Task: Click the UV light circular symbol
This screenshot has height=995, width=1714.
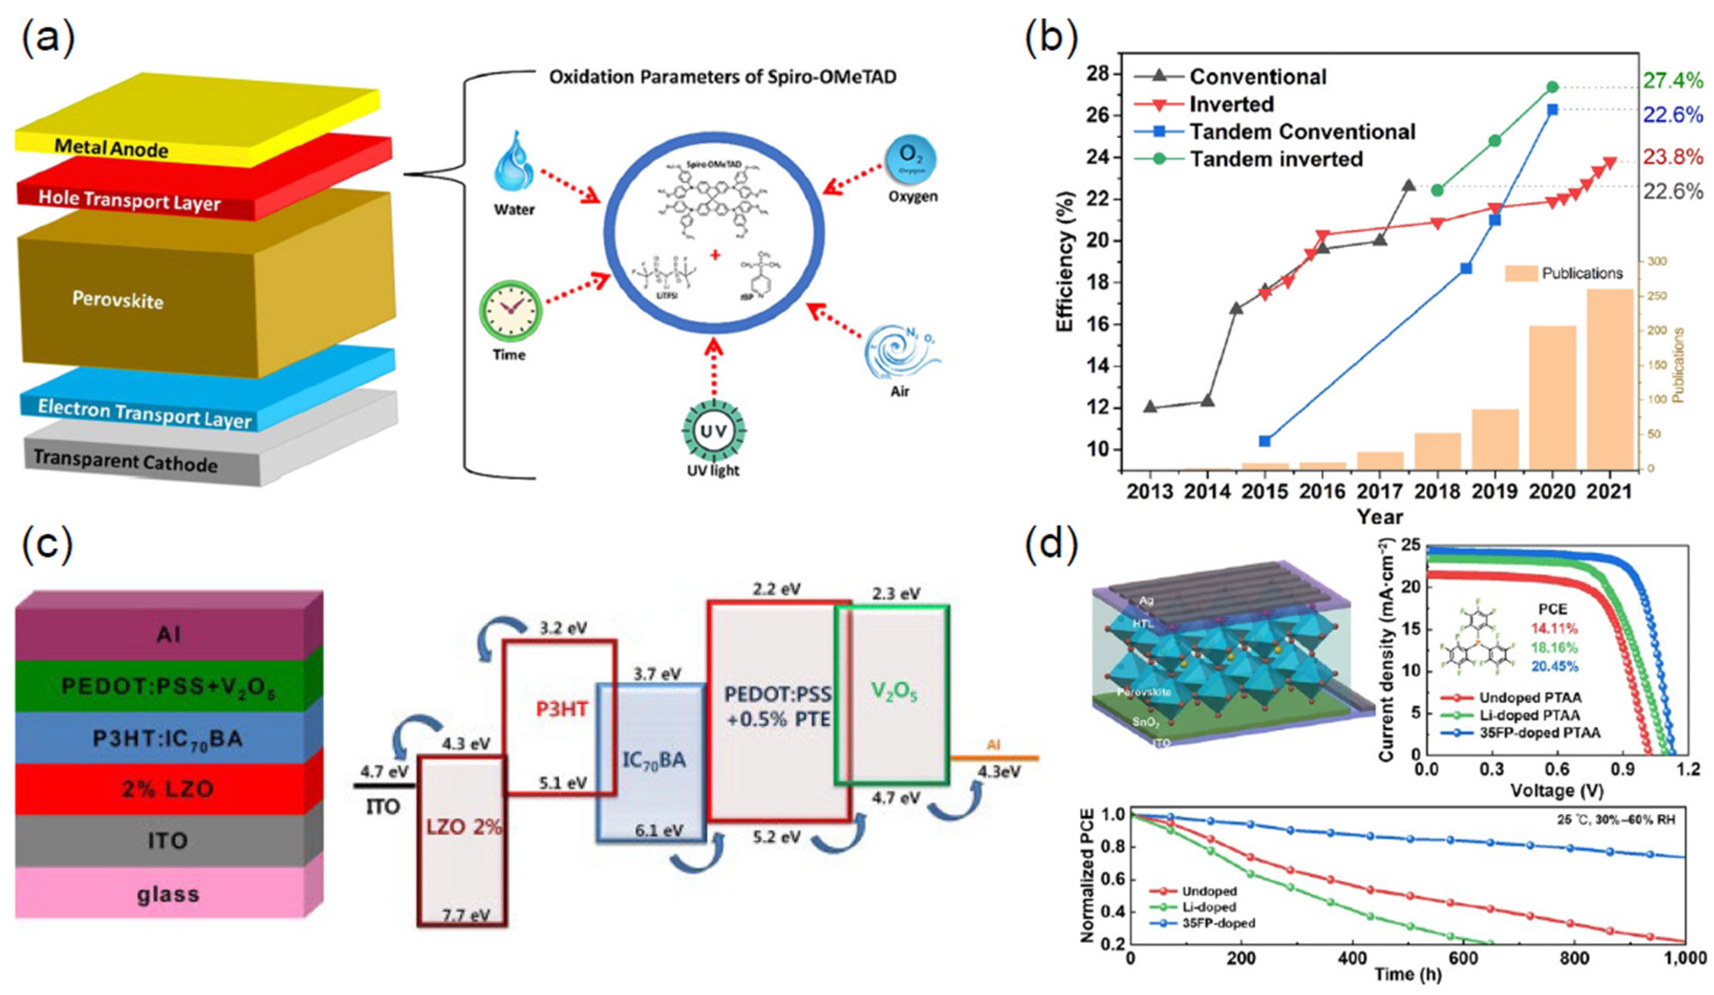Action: [x=714, y=431]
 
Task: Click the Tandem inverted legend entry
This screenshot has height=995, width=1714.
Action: [x=1275, y=159]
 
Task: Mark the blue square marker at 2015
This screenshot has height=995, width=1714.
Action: [x=1265, y=441]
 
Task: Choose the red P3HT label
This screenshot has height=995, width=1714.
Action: [x=562, y=709]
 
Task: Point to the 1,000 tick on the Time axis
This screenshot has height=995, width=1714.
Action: [x=1684, y=958]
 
